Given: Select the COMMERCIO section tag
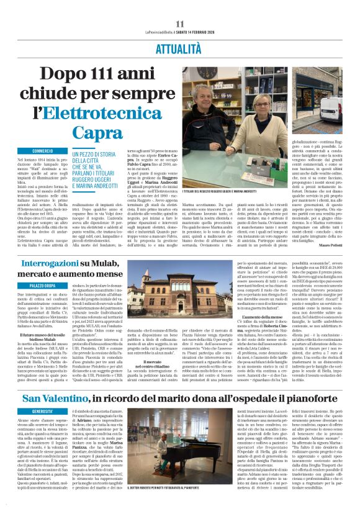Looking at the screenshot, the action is [43, 151].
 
